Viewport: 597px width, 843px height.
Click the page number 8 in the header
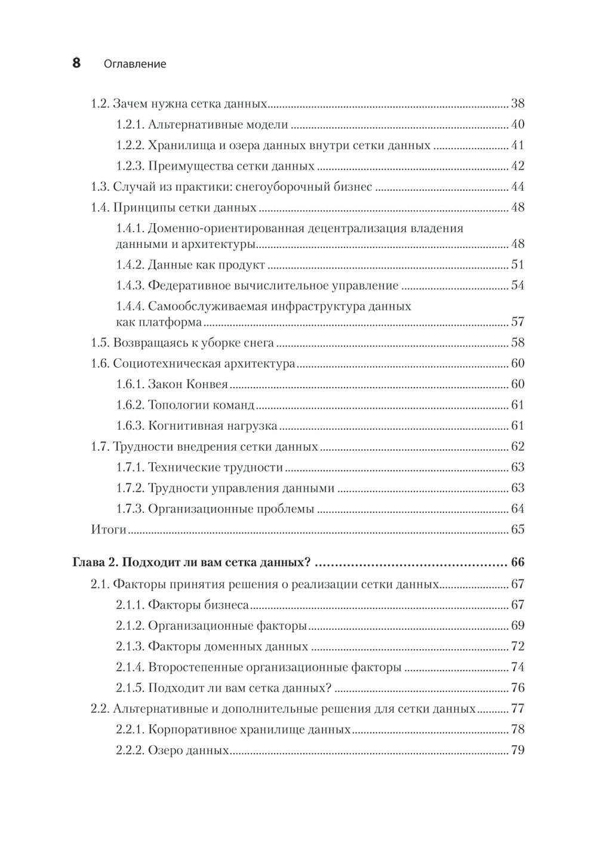point(76,63)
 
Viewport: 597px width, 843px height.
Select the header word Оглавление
point(135,64)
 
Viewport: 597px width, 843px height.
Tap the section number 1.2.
point(100,103)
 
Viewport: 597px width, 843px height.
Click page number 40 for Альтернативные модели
point(517,125)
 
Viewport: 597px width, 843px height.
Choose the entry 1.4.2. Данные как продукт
point(190,264)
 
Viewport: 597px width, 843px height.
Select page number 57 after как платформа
point(517,322)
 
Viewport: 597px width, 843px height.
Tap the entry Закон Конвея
point(187,384)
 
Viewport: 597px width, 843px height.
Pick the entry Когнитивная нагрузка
point(212,426)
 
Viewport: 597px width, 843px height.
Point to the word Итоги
point(109,530)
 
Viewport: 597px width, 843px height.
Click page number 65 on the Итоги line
point(517,530)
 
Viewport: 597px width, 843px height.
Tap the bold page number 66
point(517,562)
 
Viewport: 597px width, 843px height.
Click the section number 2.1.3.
point(130,647)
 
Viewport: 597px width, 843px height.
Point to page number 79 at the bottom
point(517,750)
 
